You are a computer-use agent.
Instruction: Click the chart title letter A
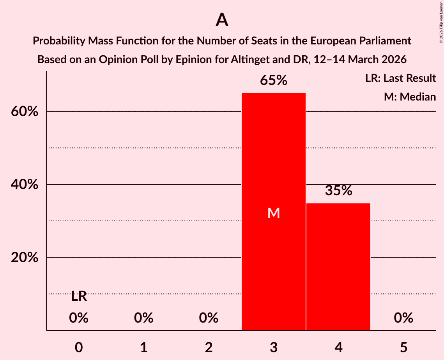tap(222, 20)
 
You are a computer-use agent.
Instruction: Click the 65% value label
tap(274, 81)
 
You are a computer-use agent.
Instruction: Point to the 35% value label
tap(338, 191)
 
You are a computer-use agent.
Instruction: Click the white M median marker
tap(274, 213)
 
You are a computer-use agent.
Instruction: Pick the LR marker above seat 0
tap(79, 296)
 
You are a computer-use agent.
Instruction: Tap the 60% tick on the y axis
tap(25, 112)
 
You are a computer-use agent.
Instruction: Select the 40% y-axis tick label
tap(25, 185)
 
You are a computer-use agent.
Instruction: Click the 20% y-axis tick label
tap(25, 258)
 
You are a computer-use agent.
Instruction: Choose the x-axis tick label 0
tap(79, 347)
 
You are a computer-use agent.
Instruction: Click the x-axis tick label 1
tap(144, 347)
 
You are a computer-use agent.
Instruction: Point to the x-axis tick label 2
tap(209, 347)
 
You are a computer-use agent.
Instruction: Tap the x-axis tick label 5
tap(403, 347)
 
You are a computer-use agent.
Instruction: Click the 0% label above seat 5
tap(403, 318)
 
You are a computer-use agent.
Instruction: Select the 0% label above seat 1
tap(144, 318)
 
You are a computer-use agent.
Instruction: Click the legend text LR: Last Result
tap(400, 78)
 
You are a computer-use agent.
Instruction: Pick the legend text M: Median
tap(410, 97)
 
